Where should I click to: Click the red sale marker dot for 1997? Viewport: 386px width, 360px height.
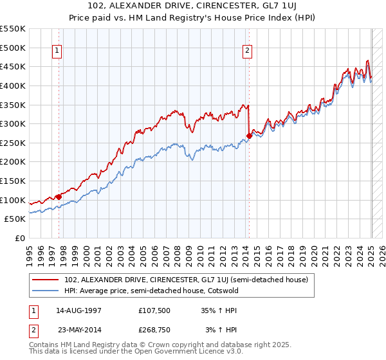point(59,197)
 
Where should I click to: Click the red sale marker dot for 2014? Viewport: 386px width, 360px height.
point(249,135)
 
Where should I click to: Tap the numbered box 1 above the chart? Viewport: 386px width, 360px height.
point(57,51)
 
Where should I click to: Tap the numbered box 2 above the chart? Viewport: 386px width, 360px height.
point(248,51)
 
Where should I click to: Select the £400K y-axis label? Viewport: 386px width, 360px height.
point(14,85)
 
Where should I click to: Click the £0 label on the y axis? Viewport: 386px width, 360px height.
point(20,238)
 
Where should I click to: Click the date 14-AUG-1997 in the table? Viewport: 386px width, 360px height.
point(77,310)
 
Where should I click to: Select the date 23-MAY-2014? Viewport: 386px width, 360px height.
point(77,329)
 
